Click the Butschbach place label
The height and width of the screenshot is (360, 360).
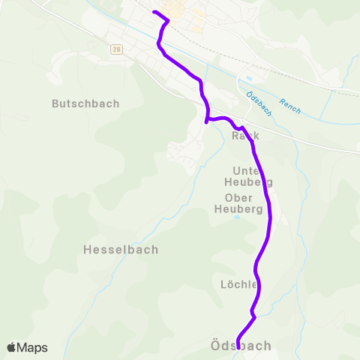click(x=85, y=103)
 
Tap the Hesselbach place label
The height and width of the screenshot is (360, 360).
click(x=120, y=250)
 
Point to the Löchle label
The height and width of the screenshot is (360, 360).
click(x=239, y=285)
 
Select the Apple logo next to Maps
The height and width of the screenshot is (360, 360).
click(x=12, y=347)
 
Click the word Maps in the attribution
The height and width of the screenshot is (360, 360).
click(x=32, y=347)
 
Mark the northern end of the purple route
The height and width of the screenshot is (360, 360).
click(x=154, y=13)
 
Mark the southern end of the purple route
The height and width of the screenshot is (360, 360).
click(x=238, y=347)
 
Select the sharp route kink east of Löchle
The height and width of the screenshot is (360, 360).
click(x=255, y=316)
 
